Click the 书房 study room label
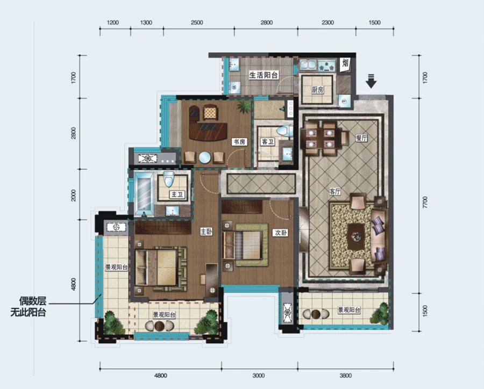239,142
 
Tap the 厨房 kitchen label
318,90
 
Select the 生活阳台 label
264,75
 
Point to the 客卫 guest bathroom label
267,142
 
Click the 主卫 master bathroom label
177,195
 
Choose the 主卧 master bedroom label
206,232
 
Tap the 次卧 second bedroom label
280,233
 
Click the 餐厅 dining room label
361,138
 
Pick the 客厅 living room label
335,192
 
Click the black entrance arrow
371,81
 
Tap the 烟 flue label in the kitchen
345,64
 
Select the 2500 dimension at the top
197,23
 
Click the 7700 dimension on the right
425,202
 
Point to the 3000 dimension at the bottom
259,376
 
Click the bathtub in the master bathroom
144,194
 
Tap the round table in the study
205,157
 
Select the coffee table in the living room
356,236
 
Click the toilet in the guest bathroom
285,131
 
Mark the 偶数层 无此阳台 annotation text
29,307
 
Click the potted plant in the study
244,107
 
